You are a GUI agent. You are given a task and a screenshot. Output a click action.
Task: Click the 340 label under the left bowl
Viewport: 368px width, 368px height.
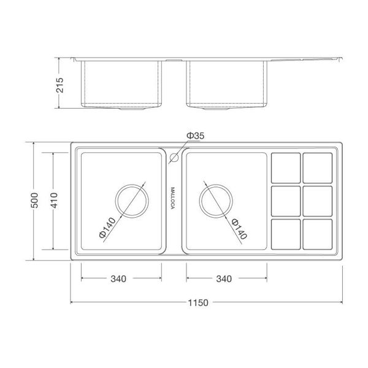(118, 279)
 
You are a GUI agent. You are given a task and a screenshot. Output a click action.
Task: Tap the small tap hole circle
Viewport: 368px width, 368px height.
(173, 158)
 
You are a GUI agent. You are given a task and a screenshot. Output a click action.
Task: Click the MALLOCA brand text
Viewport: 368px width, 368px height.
(173, 199)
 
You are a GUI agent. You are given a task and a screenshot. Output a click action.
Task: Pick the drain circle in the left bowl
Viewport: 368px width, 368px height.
(131, 200)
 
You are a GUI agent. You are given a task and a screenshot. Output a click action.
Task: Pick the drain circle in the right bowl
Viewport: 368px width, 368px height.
(215, 200)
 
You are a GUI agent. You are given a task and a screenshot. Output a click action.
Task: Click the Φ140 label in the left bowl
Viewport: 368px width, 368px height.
(106, 227)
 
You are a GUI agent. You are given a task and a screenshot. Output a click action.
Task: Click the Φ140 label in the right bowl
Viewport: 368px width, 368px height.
(239, 228)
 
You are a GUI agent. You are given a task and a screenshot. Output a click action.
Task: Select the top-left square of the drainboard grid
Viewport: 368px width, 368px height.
(285, 166)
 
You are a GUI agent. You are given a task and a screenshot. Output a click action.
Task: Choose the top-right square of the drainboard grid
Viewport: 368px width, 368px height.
(317, 166)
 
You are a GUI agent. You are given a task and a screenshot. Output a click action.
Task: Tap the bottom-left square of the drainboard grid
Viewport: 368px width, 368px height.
(285, 234)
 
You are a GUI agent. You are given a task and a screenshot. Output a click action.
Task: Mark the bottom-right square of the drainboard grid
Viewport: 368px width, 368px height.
(317, 234)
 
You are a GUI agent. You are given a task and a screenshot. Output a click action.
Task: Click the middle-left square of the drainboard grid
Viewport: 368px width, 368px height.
(285, 200)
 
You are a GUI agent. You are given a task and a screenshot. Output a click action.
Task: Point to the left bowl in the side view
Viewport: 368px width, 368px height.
(123, 85)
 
